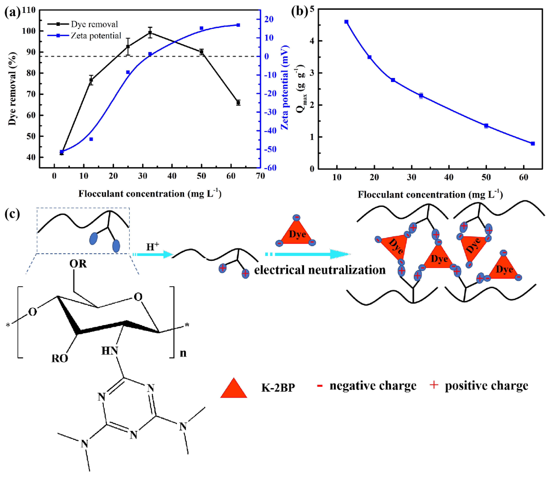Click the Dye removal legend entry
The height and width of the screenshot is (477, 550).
click(94, 24)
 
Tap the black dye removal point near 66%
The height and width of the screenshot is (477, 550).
click(238, 102)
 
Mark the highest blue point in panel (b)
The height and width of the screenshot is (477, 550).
click(346, 22)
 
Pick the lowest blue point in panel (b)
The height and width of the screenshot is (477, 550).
click(533, 143)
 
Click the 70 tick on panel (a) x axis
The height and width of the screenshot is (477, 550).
click(260, 176)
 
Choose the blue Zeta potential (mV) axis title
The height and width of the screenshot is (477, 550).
click(285, 88)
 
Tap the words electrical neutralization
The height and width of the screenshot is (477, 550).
click(320, 270)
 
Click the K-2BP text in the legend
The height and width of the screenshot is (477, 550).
click(278, 388)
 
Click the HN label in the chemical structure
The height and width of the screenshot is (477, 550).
click(110, 351)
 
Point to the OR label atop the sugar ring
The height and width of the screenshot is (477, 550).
click(78, 264)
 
